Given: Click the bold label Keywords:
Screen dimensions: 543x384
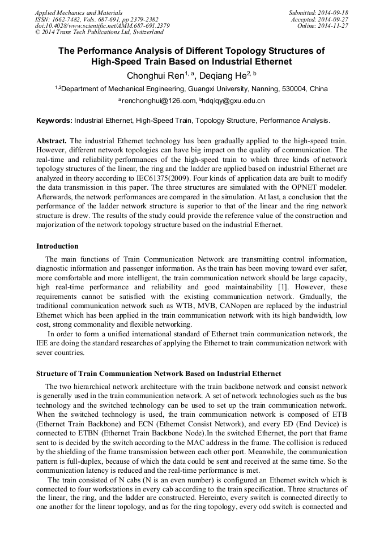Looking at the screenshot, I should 54,121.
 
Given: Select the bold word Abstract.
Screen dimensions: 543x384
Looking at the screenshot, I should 52,140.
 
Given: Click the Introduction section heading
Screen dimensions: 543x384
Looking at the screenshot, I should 57,246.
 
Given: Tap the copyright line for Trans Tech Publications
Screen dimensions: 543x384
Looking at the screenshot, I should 91,32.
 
